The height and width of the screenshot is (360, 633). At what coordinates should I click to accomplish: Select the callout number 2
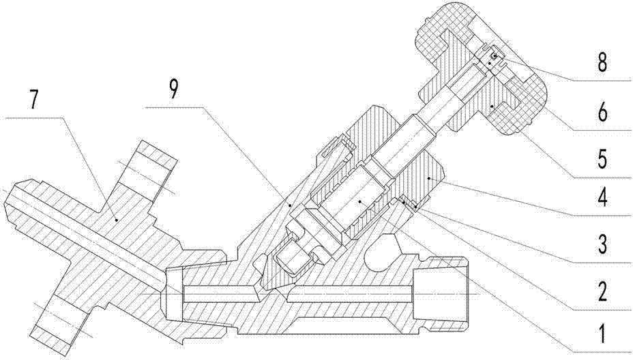(602, 291)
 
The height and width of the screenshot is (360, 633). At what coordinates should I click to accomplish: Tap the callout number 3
(602, 244)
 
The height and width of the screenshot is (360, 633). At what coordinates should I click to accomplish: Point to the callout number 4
(602, 197)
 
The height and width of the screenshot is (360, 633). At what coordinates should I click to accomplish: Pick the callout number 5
(602, 159)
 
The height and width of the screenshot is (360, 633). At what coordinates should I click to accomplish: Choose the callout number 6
(602, 112)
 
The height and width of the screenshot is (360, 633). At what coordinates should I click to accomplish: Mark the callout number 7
(34, 100)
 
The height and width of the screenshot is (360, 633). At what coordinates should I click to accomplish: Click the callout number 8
(602, 63)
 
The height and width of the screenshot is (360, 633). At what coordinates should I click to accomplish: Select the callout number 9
(173, 89)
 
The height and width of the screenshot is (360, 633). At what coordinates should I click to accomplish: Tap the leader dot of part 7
(116, 220)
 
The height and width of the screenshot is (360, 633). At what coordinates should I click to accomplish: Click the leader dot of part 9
(289, 205)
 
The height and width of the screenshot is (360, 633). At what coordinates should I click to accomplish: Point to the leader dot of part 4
(429, 177)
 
